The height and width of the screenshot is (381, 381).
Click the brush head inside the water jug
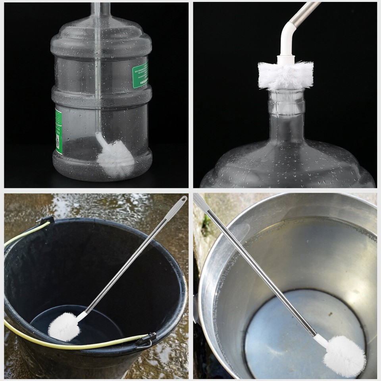pyautogui.click(x=115, y=158)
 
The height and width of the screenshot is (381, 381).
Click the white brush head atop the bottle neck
pyautogui.click(x=285, y=75)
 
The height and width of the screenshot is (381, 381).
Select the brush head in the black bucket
pyautogui.click(x=64, y=326)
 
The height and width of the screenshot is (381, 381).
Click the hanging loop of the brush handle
pyautogui.click(x=182, y=200)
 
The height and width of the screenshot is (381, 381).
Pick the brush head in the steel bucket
pyautogui.click(x=344, y=356)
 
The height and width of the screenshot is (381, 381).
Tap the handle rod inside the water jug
pyautogui.click(x=98, y=79)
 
